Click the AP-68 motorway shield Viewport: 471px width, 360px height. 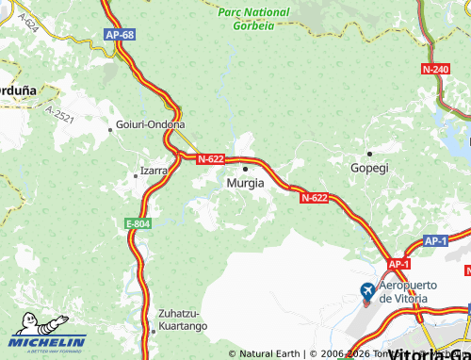coord(120,35)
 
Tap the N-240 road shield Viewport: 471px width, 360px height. coord(435,70)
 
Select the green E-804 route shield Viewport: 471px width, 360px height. coord(138,223)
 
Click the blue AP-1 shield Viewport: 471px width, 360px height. coord(434,241)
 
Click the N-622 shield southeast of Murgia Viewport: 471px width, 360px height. coord(315,198)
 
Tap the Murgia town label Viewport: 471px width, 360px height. coord(246,184)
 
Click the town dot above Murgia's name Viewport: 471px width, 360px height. coord(246,170)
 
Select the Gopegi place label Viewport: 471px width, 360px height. coord(369,167)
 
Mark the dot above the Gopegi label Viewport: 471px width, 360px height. coord(369,153)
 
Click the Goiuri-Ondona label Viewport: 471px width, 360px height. coord(150,124)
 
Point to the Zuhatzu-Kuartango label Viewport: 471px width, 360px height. coord(180,319)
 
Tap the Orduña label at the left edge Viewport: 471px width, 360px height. coord(17,89)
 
